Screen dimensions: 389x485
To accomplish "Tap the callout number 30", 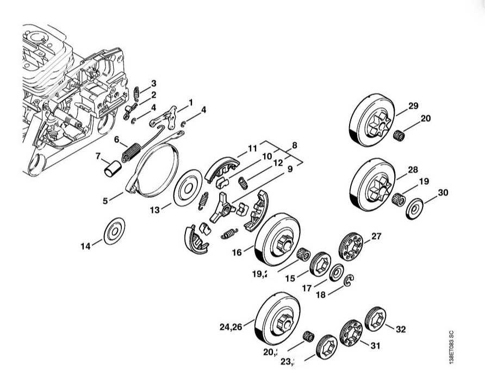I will (443, 192).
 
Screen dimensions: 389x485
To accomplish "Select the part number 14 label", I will (85, 246).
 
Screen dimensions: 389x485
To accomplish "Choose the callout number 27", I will (376, 236).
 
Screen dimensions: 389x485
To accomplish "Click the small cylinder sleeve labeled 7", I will (111, 168).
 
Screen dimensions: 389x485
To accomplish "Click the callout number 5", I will (105, 200).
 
